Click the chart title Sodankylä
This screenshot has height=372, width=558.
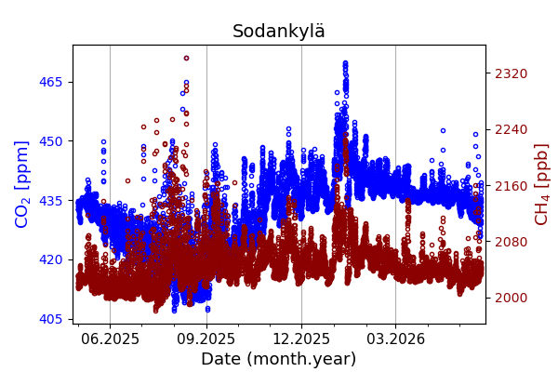[279, 31]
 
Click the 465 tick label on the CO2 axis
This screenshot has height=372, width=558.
[50, 82]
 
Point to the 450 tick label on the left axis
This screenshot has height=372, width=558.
[50, 141]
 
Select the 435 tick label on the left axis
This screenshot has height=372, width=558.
[50, 201]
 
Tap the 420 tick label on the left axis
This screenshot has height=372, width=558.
[50, 259]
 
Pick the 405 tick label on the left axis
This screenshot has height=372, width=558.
[50, 319]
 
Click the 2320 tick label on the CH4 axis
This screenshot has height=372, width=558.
[511, 73]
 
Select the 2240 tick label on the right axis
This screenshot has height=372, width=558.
[511, 129]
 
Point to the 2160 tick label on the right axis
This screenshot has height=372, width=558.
[511, 186]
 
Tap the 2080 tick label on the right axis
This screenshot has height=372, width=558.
[511, 242]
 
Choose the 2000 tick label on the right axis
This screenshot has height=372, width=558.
[511, 298]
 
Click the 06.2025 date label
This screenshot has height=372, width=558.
[110, 339]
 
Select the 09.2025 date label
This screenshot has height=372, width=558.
[206, 339]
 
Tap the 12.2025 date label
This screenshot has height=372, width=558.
[301, 339]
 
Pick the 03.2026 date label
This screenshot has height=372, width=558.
[396, 339]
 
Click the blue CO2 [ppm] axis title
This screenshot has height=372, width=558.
[21, 184]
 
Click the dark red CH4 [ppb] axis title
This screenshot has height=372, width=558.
[541, 184]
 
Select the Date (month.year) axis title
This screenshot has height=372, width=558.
[279, 359]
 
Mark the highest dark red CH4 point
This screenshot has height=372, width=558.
[186, 58]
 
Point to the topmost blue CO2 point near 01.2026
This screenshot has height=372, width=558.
[345, 63]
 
